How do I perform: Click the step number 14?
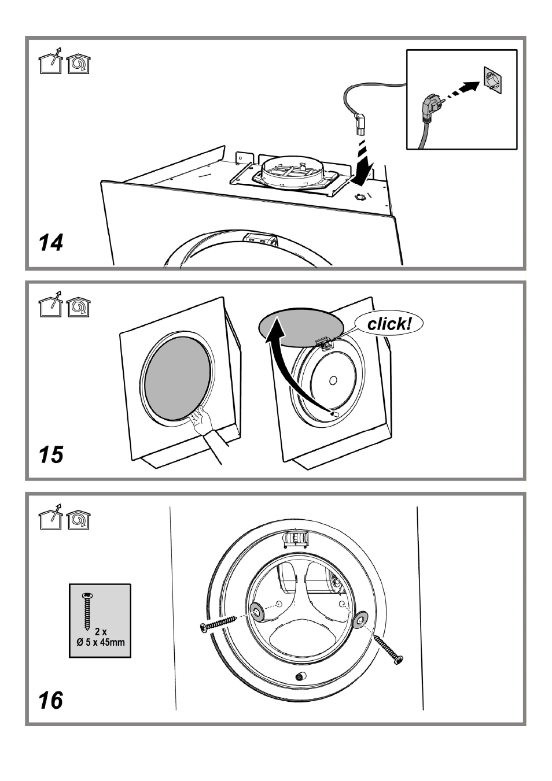coord(51,243)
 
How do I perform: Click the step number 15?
coord(51,454)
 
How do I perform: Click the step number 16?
coord(51,700)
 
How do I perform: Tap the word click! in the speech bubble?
coord(389,324)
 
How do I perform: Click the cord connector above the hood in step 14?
coord(360,125)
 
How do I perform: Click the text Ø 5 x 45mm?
coord(101,642)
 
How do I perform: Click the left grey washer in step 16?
coord(257,611)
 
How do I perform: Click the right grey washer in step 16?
coord(360,619)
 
